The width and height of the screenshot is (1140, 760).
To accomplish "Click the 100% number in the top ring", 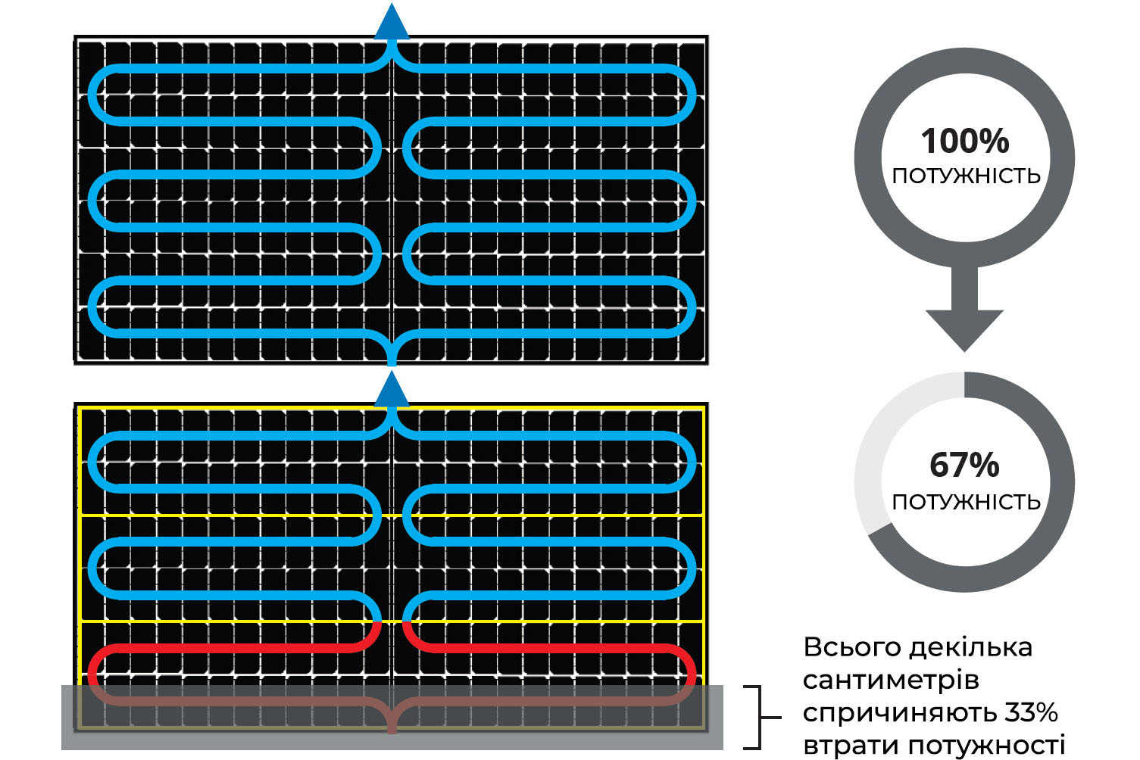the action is click(x=965, y=141).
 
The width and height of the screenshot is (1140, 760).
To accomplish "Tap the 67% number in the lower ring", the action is click(x=964, y=465).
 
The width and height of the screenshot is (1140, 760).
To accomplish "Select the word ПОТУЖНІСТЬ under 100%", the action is click(x=966, y=176).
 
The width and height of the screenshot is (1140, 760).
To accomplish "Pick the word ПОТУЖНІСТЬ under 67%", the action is click(x=966, y=502).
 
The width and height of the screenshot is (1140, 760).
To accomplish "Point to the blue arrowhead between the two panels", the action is click(x=392, y=390).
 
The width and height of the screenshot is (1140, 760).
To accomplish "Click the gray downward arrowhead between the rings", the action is click(x=964, y=329).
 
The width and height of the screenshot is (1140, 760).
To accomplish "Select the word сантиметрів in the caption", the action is click(x=891, y=680).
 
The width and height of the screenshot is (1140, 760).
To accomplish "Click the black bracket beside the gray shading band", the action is click(x=761, y=718).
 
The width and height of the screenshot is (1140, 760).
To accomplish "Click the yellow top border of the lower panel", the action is click(x=392, y=408).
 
